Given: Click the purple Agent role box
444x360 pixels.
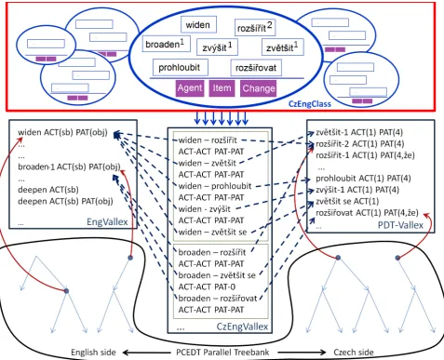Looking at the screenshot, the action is pyautogui.click(x=190, y=88).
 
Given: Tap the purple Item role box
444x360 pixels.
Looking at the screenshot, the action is pyautogui.click(x=222, y=88).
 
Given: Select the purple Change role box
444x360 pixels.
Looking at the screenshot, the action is pyautogui.click(x=259, y=88).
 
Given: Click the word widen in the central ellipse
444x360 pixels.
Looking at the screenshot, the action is pyautogui.click(x=197, y=25).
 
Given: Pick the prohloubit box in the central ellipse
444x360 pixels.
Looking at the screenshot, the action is pyautogui.click(x=181, y=68).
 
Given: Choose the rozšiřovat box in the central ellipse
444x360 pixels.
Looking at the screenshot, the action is pyautogui.click(x=256, y=68).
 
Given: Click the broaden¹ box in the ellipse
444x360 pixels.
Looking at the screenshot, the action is pyautogui.click(x=166, y=44).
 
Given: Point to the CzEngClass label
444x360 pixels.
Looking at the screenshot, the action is pyautogui.click(x=310, y=104).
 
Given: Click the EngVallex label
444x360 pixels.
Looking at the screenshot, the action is pyautogui.click(x=107, y=222).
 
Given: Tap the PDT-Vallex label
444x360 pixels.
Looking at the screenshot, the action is pyautogui.click(x=400, y=225).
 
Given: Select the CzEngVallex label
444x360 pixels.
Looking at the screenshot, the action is pyautogui.click(x=242, y=327).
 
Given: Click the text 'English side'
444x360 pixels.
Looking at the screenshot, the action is pyautogui.click(x=93, y=353).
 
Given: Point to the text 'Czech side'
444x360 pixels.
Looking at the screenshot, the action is pyautogui.click(x=354, y=353).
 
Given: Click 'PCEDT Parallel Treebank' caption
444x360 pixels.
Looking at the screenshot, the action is pyautogui.click(x=222, y=353).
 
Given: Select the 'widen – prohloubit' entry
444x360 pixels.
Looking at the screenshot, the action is pyautogui.click(x=215, y=186).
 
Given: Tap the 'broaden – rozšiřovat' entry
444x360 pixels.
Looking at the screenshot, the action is pyautogui.click(x=218, y=299).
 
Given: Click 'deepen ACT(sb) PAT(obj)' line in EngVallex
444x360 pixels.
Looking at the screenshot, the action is pyautogui.click(x=65, y=201).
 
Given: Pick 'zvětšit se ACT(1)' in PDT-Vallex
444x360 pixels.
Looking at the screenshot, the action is pyautogui.click(x=347, y=201).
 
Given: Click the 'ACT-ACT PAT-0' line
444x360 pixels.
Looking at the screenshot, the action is pyautogui.click(x=207, y=287).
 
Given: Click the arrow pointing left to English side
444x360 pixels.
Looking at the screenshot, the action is pyautogui.click(x=146, y=353).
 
